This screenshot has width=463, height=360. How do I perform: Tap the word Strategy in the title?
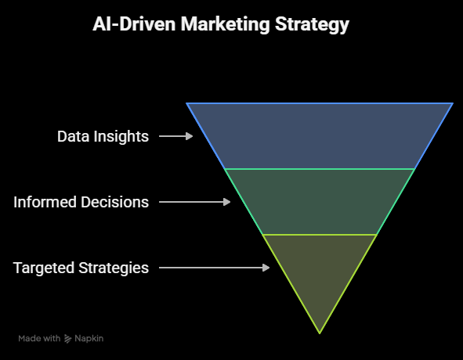(312, 25)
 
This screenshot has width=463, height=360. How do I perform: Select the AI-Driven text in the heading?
(134, 23)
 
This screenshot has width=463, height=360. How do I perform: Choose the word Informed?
(45, 202)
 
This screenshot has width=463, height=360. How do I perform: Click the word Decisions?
(115, 202)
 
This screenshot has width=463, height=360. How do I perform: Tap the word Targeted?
(44, 268)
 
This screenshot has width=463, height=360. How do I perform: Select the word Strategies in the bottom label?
(114, 268)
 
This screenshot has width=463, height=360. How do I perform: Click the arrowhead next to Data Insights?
(190, 136)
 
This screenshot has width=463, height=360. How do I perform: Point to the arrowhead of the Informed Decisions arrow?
(226, 202)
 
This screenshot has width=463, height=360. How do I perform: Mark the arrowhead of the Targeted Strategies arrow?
(266, 268)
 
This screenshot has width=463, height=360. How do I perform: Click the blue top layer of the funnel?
(320, 136)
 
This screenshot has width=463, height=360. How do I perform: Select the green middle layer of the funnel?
(320, 202)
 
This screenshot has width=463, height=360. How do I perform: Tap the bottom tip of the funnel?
(320, 333)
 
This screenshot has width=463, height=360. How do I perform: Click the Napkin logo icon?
(68, 339)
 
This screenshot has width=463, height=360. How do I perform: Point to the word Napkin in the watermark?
(89, 338)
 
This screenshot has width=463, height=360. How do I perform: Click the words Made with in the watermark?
(39, 338)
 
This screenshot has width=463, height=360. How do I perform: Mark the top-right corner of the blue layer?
(453, 103)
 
